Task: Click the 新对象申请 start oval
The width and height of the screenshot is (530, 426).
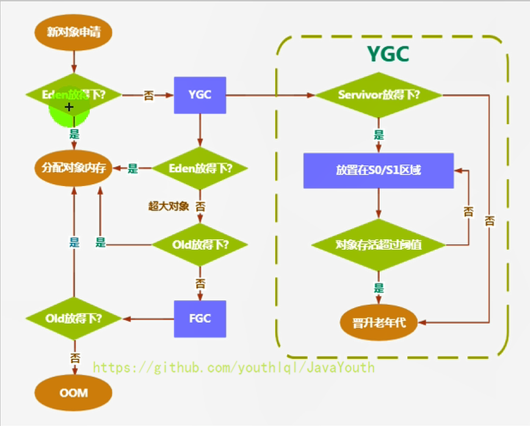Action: [73, 32]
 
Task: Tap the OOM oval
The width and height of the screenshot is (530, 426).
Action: [73, 393]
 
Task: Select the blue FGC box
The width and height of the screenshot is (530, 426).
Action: [200, 319]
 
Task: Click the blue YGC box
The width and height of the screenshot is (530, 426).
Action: [200, 95]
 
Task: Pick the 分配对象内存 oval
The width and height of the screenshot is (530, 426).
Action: [73, 168]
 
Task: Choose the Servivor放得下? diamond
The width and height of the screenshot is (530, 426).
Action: [379, 95]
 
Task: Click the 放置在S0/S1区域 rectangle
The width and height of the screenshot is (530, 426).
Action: [379, 171]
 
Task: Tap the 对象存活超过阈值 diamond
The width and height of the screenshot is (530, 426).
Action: [379, 244]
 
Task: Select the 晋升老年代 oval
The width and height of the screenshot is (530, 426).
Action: [379, 323]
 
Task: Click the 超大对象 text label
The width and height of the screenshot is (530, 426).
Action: [169, 206]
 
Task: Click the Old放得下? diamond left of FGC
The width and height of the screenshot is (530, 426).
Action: [74, 319]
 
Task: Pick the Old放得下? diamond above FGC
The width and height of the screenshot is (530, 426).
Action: [200, 244]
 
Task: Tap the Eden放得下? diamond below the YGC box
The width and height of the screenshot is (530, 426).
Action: [200, 168]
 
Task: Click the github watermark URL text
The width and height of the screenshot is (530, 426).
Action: [234, 367]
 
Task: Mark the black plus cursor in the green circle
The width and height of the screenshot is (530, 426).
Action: [69, 107]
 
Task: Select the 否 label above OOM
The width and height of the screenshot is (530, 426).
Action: [75, 358]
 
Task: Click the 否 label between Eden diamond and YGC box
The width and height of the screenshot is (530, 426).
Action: [149, 95]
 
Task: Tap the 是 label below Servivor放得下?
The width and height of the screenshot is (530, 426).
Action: [379, 135]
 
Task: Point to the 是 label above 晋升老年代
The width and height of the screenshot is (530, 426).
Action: [379, 288]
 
